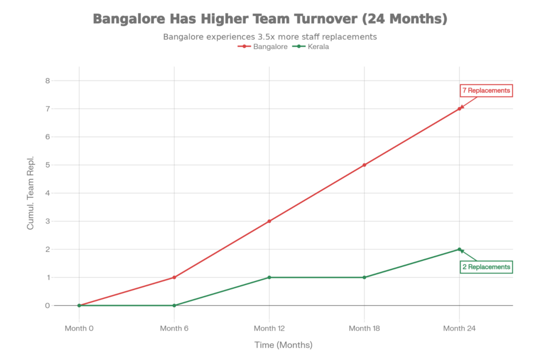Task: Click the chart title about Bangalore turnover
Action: tap(270, 19)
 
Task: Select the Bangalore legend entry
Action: tap(266, 46)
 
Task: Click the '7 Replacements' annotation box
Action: tap(486, 91)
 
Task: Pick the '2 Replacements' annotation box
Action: tap(486, 267)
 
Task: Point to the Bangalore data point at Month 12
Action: tap(269, 221)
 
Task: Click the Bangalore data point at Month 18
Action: tap(364, 165)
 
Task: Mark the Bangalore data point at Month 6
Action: tap(174, 277)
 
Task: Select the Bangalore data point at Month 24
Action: tap(460, 108)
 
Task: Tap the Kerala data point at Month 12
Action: tap(269, 277)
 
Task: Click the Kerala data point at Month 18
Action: tap(364, 277)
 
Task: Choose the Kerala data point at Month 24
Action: tap(460, 249)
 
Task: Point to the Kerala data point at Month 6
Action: tap(174, 305)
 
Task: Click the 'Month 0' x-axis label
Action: tap(79, 328)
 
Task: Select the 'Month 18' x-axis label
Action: tap(364, 328)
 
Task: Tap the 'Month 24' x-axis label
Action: tap(460, 328)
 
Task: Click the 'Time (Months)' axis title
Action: tap(283, 345)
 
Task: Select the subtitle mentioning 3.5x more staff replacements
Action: tap(269, 37)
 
